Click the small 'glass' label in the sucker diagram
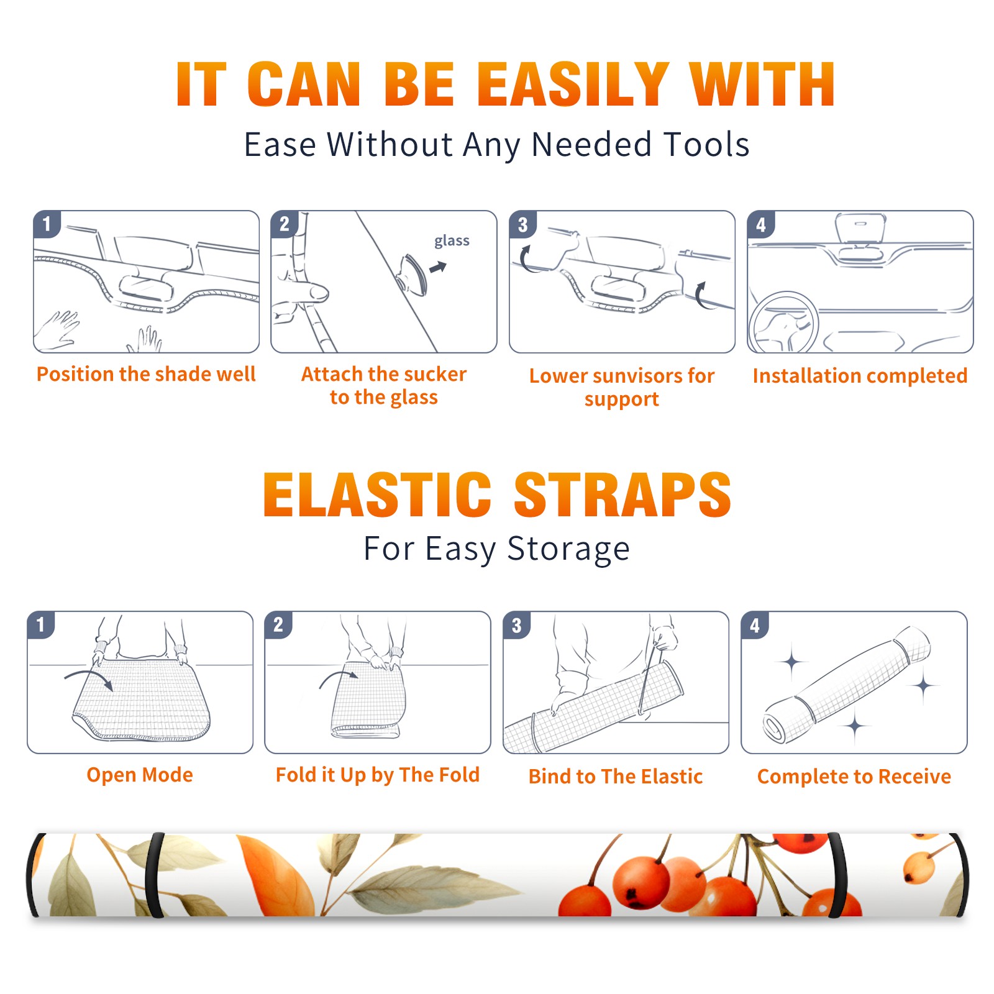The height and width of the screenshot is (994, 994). click(452, 241)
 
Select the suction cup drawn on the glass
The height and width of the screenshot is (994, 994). click(413, 274)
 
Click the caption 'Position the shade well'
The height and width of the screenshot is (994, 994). click(146, 374)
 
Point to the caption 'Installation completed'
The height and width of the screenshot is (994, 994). click(860, 375)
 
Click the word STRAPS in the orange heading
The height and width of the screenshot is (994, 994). click(622, 495)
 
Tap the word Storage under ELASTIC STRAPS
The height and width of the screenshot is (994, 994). click(568, 549)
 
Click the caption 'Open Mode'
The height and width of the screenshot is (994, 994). click(140, 775)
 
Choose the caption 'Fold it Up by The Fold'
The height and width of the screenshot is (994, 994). click(378, 775)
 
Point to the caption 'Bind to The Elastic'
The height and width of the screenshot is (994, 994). click(616, 777)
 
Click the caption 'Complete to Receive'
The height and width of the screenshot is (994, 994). click(854, 777)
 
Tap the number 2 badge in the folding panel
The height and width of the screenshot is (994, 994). click(278, 625)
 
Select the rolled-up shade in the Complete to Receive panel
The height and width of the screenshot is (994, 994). click(847, 685)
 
